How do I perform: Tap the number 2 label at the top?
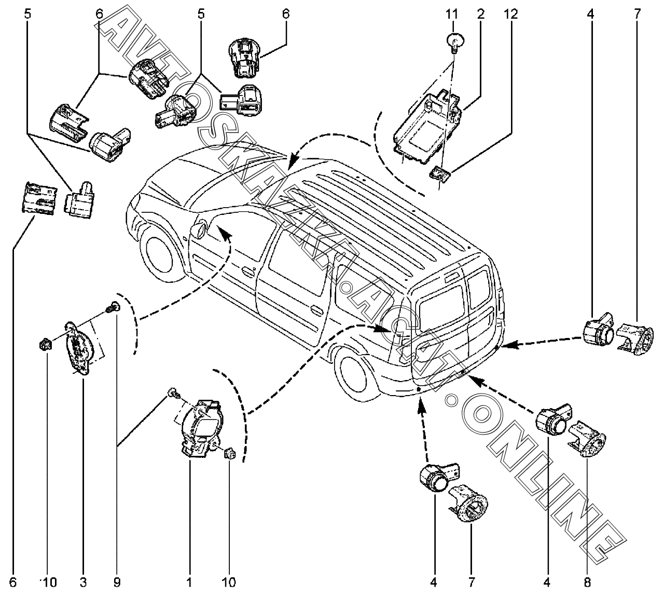(481, 14)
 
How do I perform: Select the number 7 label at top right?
(638, 14)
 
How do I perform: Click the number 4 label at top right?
(590, 14)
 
